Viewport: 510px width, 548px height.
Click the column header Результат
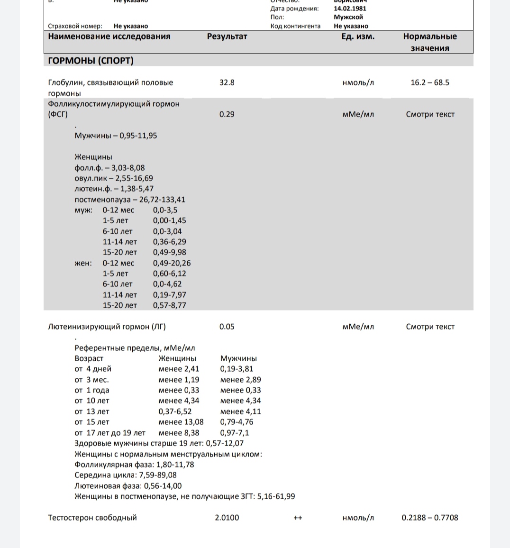pos(227,37)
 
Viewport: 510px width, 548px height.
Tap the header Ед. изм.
pos(358,37)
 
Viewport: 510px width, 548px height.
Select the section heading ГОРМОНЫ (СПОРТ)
pos(91,61)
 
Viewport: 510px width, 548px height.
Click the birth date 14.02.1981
pos(350,9)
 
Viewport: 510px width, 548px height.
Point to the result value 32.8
pos(227,82)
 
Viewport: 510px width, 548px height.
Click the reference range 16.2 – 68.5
pos(429,82)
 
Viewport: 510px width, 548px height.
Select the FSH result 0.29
pos(227,114)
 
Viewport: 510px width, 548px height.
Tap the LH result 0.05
pos(227,327)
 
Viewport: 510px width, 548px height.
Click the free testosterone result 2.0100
pos(227,518)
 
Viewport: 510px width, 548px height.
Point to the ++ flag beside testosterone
pos(298,518)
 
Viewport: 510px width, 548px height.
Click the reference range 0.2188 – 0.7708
pos(429,518)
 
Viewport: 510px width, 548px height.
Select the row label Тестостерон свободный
pos(92,518)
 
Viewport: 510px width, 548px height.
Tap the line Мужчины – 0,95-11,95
pos(116,136)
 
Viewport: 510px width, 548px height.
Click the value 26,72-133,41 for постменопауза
pos(162,200)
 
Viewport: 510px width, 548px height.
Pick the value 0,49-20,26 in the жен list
pos(172,263)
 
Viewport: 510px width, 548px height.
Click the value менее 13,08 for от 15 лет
pos(181,422)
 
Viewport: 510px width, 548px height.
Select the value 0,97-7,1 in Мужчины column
pos(234,433)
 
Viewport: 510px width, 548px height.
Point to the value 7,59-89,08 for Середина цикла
pos(158,475)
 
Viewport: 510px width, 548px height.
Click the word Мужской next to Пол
pos(348,17)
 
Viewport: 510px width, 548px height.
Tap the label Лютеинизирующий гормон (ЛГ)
pos(107,327)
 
